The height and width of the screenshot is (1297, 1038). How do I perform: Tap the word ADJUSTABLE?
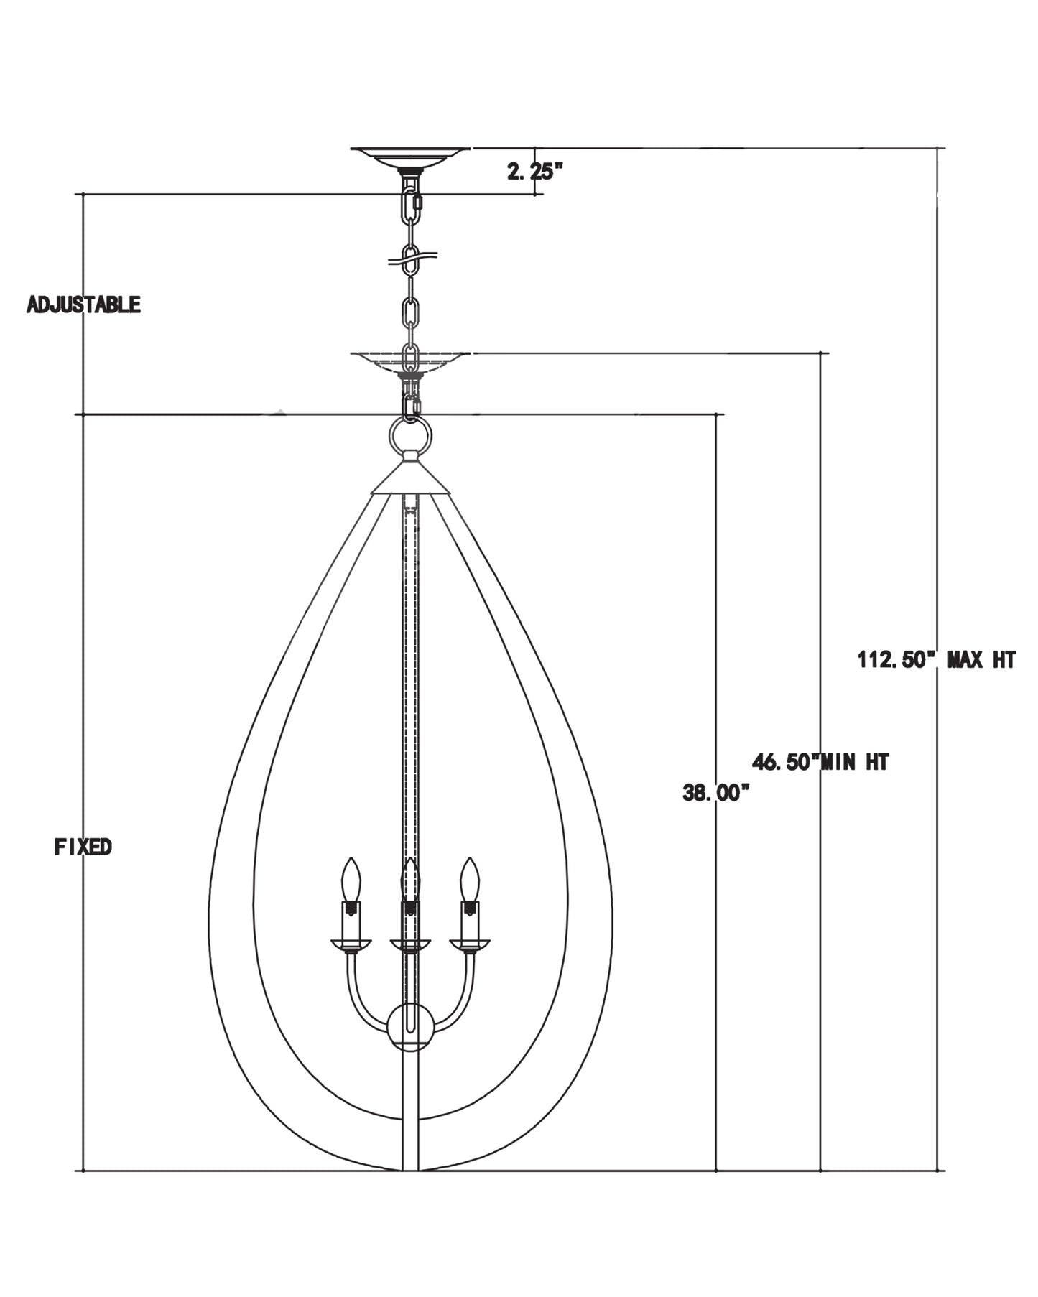point(83,305)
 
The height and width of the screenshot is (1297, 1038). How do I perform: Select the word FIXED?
point(83,847)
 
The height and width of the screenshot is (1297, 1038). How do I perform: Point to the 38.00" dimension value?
point(715,794)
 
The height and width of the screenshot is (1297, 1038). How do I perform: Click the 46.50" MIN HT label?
point(820,761)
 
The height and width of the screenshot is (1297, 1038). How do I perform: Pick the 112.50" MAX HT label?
point(936,659)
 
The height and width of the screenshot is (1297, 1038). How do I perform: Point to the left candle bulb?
point(351,879)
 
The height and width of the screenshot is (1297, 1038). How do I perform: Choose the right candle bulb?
point(470,879)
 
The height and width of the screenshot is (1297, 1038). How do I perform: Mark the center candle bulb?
point(410,879)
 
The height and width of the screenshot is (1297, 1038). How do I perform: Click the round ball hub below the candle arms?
point(410,1027)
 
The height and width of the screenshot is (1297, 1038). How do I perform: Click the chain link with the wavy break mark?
point(410,259)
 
